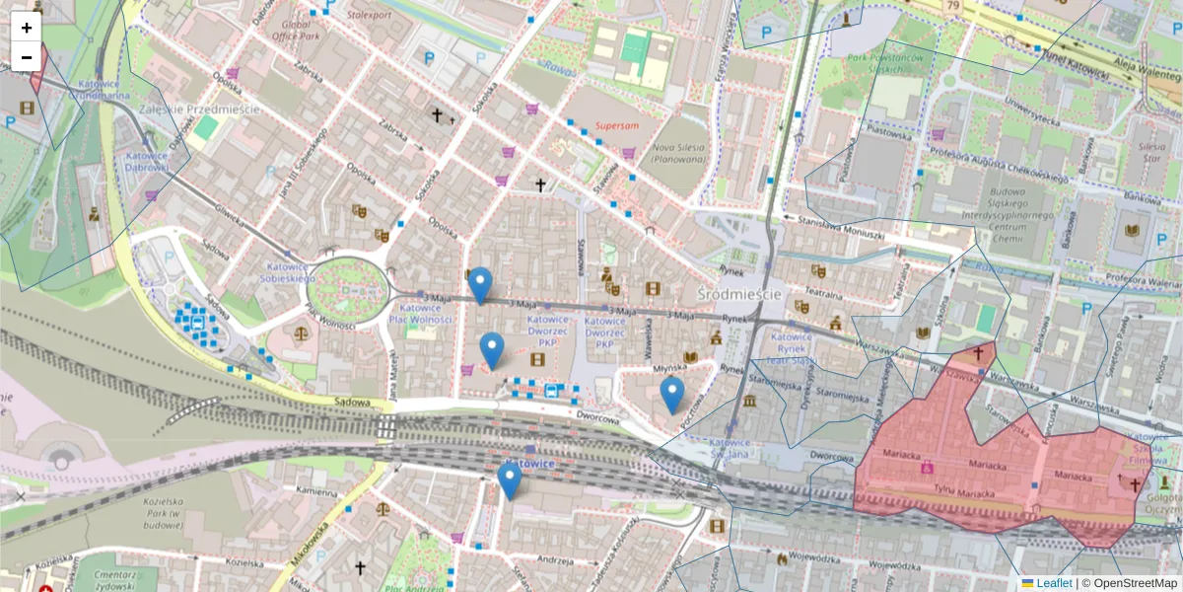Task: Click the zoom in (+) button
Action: click(27, 28)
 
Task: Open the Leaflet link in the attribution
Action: click(1053, 583)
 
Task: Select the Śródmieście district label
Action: click(738, 295)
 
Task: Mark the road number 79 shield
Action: click(952, 7)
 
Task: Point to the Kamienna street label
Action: click(316, 490)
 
